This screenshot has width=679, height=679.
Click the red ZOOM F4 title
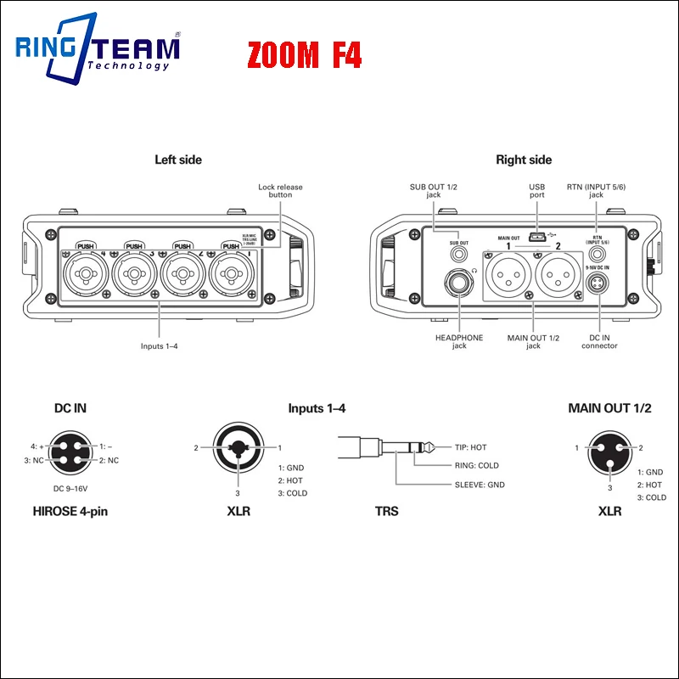click(305, 56)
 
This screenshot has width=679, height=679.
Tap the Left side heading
click(178, 160)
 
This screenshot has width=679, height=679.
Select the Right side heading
click(524, 160)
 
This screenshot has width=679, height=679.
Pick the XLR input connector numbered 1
click(232, 273)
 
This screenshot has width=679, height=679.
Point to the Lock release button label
click(280, 191)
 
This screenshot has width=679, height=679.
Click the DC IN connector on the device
click(598, 284)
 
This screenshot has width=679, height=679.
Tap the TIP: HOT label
click(465, 447)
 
